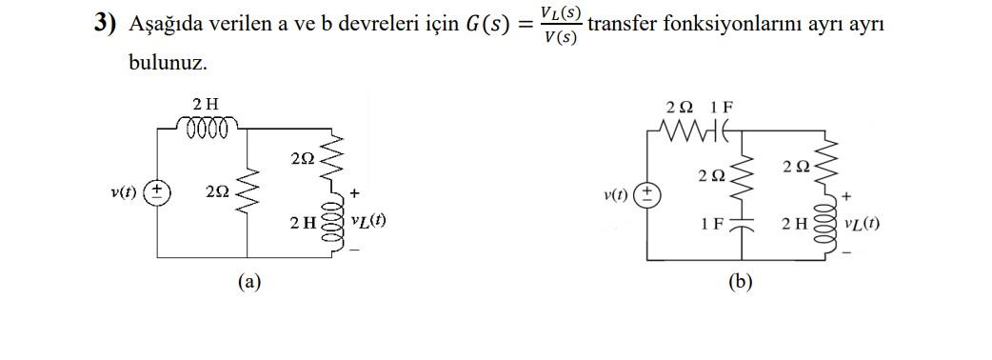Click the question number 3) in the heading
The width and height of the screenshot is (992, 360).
pyautogui.click(x=104, y=24)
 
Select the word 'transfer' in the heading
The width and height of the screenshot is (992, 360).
pyautogui.click(x=620, y=24)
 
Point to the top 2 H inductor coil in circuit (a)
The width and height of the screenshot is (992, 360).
pyautogui.click(x=208, y=127)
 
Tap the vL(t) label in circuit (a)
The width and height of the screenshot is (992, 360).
pyautogui.click(x=368, y=221)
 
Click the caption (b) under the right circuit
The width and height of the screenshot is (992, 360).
pyautogui.click(x=741, y=283)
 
